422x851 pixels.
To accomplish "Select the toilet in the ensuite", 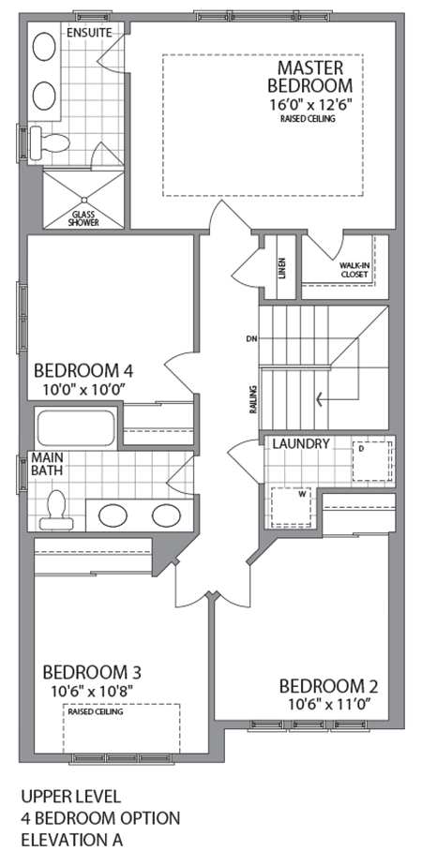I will click(x=52, y=142).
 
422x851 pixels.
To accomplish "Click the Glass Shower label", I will click(x=83, y=217).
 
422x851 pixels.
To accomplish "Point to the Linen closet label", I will click(x=281, y=266).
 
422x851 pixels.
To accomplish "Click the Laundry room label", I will click(x=302, y=443).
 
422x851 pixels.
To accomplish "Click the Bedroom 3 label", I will click(x=92, y=672).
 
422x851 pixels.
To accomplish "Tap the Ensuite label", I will click(x=89, y=32).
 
